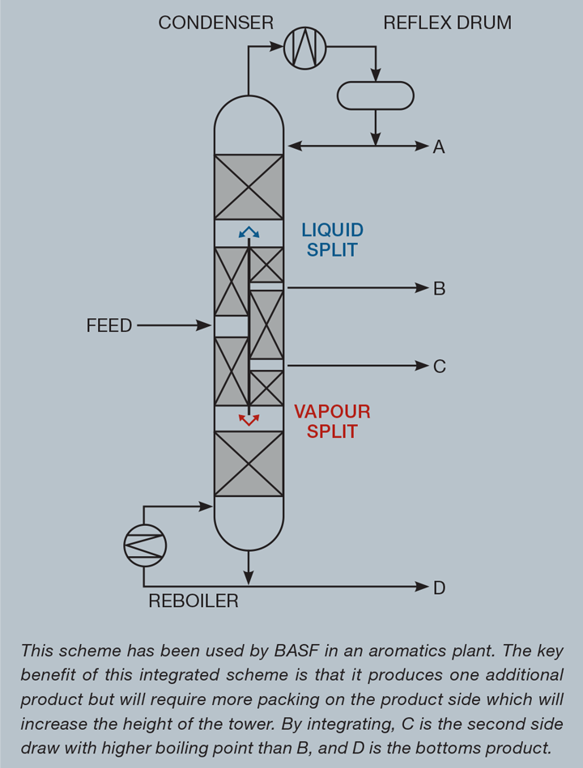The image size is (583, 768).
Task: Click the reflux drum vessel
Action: [375, 95]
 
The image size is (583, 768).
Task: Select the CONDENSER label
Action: [216, 23]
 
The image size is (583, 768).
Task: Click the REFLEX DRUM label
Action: [447, 23]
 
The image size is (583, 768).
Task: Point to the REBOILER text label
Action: [194, 601]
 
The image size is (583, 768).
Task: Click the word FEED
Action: [109, 326]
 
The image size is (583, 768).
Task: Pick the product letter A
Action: [439, 146]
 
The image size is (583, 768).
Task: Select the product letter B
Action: [439, 288]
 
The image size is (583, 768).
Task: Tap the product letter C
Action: [439, 367]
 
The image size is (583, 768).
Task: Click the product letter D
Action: [439, 588]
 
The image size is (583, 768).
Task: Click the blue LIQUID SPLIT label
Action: [332, 240]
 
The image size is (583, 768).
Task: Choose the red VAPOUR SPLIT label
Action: [332, 421]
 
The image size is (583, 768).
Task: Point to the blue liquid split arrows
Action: [249, 233]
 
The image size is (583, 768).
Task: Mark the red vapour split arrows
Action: [249, 419]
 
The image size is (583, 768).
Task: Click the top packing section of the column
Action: [249, 187]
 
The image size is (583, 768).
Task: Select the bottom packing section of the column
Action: [249, 464]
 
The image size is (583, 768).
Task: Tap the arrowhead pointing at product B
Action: [422, 287]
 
